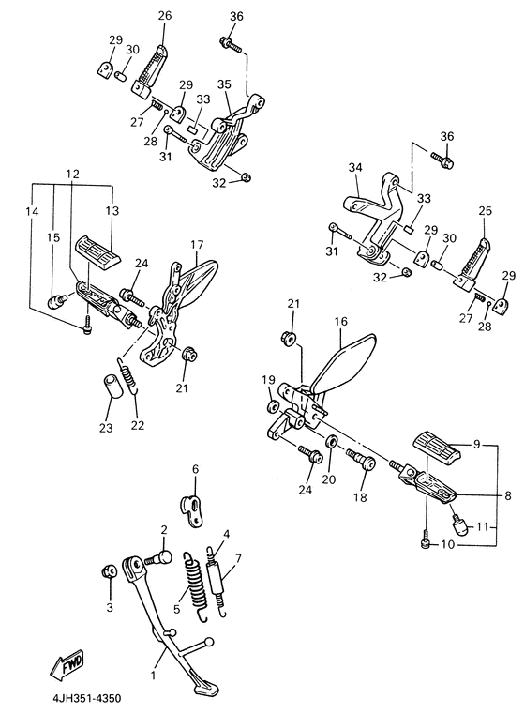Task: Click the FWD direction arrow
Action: point(67,665)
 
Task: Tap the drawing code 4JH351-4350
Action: point(86,698)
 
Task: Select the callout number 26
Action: point(165,16)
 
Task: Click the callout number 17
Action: point(197,245)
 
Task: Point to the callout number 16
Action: point(340,322)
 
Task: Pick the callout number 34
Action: point(355,168)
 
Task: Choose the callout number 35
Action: point(224,84)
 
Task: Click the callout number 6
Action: point(196,468)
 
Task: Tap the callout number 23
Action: point(106,428)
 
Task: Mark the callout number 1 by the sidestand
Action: point(154,675)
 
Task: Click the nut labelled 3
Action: point(108,571)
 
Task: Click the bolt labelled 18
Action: point(362,461)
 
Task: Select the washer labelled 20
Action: point(332,441)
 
